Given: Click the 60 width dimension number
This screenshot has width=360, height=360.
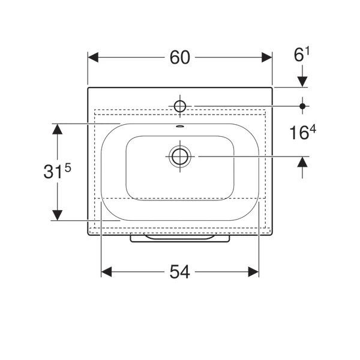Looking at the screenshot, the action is point(180,58).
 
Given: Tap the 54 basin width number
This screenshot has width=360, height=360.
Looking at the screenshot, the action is point(180,272).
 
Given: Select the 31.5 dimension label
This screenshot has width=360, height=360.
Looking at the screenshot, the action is point(57,170).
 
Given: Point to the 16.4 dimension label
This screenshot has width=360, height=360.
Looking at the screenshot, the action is point(302,132).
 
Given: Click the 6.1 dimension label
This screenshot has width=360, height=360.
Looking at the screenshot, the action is point(302,54).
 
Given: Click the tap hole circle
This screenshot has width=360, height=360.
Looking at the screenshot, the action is point(180,106).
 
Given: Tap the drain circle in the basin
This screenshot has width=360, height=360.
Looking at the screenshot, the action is point(180,157).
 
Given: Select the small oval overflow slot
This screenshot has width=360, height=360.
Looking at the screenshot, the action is point(180,126).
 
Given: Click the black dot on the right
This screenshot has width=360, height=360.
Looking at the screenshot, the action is point(302,106).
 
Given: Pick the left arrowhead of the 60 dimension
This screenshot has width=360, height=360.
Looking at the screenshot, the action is point(93,58).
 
